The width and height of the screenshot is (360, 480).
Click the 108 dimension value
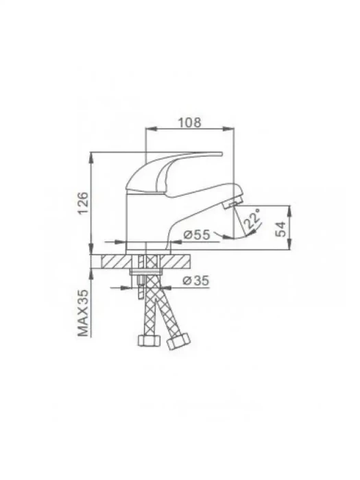click(190, 122)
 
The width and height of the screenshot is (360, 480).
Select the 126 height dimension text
click(83, 204)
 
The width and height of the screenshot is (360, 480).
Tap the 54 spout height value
click(280, 228)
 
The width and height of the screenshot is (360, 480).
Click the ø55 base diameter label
click(197, 235)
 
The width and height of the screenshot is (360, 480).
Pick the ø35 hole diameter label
click(196, 280)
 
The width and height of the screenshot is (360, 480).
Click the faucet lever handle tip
click(220, 154)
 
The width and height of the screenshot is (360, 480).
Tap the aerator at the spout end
click(232, 203)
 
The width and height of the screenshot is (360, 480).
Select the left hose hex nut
click(149, 340)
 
